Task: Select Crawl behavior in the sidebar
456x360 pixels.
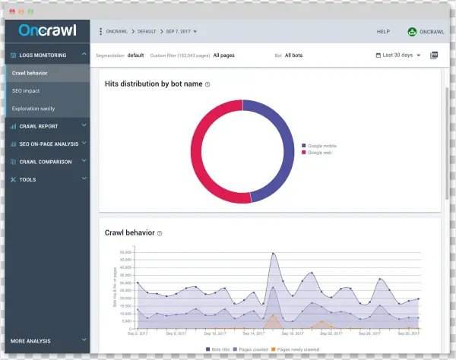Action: (x=30, y=73)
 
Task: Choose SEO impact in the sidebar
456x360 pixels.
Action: (x=27, y=91)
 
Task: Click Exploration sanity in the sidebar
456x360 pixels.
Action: (x=33, y=109)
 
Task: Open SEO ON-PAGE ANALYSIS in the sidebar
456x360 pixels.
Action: (x=47, y=144)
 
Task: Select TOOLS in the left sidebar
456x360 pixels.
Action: (x=27, y=180)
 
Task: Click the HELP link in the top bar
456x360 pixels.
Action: (x=383, y=32)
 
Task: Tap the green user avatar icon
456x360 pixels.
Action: (x=412, y=32)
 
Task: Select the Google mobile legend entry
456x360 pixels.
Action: (x=321, y=145)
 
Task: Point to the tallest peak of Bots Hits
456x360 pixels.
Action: (x=273, y=254)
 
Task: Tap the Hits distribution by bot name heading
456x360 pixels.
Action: (x=153, y=84)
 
